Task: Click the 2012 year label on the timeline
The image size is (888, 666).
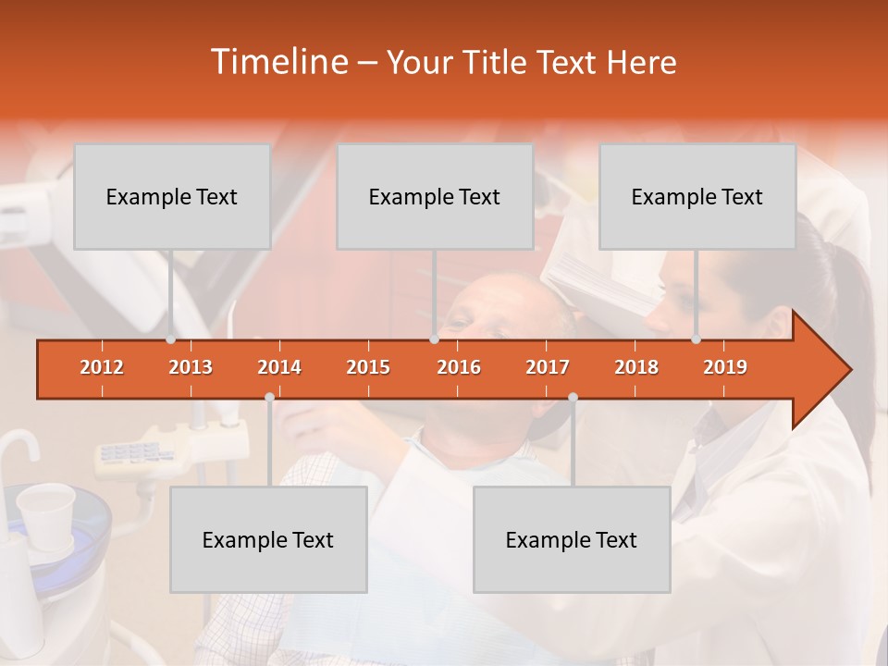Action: (x=102, y=367)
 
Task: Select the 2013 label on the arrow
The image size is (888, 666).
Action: (x=191, y=367)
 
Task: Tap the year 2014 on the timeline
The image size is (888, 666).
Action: (x=279, y=367)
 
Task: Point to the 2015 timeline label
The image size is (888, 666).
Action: (x=368, y=367)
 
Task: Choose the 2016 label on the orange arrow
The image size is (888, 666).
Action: (x=459, y=367)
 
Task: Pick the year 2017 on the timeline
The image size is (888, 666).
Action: (x=548, y=367)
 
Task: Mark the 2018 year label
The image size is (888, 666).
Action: (x=636, y=367)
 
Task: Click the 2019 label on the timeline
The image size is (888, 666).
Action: (x=725, y=367)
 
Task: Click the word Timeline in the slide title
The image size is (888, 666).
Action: (x=277, y=62)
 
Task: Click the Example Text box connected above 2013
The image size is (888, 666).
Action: (x=172, y=196)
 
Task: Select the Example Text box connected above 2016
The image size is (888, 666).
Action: (x=435, y=196)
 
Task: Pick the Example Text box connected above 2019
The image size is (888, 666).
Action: (x=697, y=196)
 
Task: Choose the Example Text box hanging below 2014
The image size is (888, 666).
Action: (x=268, y=539)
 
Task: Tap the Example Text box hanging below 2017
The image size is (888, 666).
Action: (x=572, y=539)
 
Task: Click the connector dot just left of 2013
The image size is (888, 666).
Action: (x=170, y=339)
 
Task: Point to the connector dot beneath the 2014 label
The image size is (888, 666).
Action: (x=269, y=397)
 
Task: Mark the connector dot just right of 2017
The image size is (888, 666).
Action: (x=573, y=397)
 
